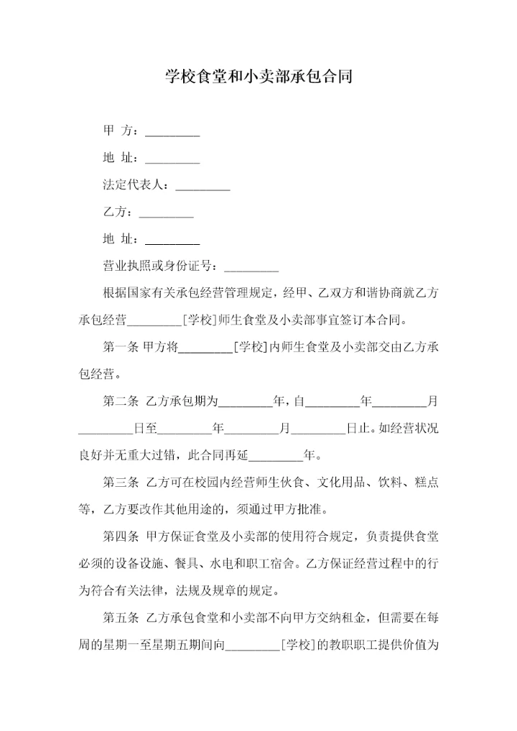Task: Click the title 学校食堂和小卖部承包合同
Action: pyautogui.click(x=258, y=76)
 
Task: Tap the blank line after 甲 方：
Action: pyautogui.click(x=172, y=133)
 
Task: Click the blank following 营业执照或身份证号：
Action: pyautogui.click(x=251, y=266)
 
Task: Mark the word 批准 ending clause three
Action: pyautogui.click(x=312, y=510)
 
